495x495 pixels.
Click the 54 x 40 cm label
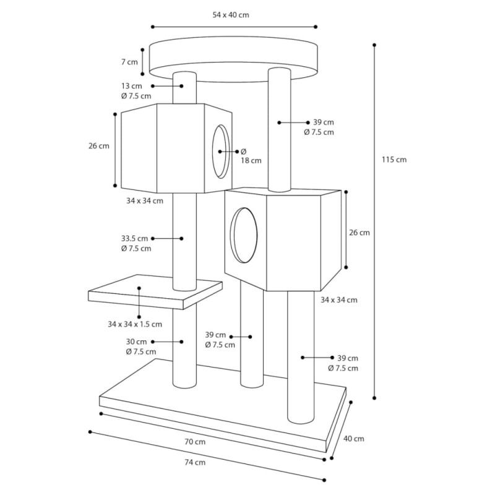pos(231,15)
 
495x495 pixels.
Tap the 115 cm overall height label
pos(394,160)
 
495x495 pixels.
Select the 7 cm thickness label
pos(129,62)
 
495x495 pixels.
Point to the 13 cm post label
pos(132,86)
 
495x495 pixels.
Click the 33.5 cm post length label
pos(134,238)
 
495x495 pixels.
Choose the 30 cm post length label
pos(136,342)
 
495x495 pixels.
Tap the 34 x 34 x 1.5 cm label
pos(135,324)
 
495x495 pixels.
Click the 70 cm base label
pos(195,442)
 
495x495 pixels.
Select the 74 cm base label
pos(195,462)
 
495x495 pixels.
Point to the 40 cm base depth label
pos(353,439)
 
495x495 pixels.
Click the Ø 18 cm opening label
pos(251,156)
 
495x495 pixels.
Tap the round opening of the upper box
pos(221,152)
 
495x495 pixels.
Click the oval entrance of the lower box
pos(244,235)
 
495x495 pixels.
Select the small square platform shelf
pos(155,291)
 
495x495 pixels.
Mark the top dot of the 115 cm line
pos(374,45)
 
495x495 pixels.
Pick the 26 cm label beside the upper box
pos(99,146)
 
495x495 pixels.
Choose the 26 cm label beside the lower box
pos(359,233)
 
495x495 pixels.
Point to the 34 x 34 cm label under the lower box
pos(339,300)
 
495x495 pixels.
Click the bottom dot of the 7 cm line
pos(142,74)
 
